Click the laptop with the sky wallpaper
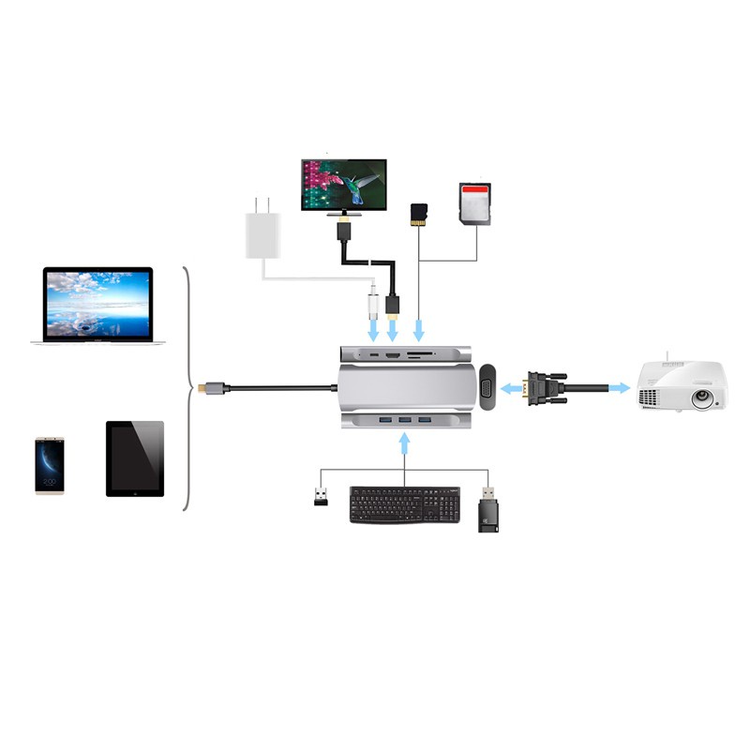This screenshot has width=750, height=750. click(x=97, y=306)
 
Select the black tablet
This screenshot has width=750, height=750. click(x=135, y=458)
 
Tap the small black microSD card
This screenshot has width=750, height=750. click(x=419, y=215)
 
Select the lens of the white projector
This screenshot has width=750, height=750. click(x=701, y=397)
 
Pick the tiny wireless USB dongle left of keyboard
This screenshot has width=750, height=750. click(x=321, y=496)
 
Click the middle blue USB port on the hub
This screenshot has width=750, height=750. click(x=404, y=417)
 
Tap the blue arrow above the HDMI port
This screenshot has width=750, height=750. click(x=394, y=328)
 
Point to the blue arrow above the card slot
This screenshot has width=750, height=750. click(x=419, y=328)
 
